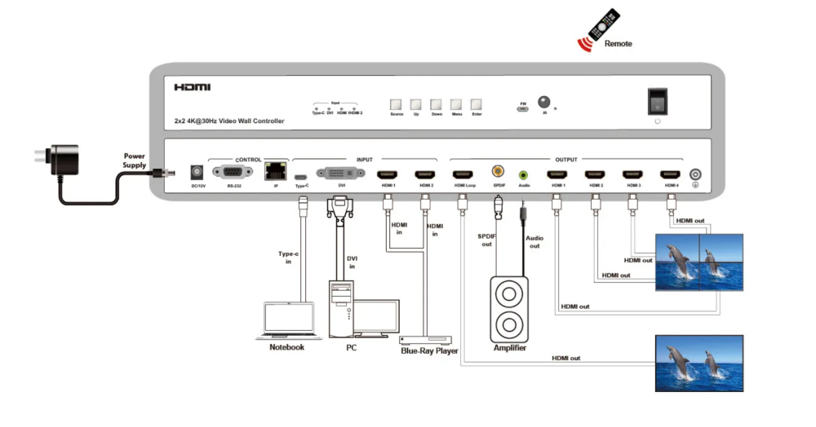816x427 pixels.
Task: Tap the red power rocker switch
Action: click(x=657, y=100)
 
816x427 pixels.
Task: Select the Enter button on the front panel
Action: click(x=476, y=105)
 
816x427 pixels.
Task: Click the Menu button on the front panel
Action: click(x=456, y=105)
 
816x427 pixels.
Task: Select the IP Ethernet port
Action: click(x=275, y=172)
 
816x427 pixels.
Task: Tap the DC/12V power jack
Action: click(x=197, y=172)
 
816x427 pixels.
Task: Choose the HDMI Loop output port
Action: click(x=463, y=174)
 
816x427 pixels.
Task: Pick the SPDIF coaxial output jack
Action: click(x=498, y=172)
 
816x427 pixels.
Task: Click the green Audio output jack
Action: click(x=523, y=174)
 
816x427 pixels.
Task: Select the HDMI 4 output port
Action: click(x=671, y=174)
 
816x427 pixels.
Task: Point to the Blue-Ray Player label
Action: click(x=429, y=351)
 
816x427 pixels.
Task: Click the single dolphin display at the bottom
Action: click(x=699, y=363)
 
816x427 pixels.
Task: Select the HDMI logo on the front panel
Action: click(x=192, y=87)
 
